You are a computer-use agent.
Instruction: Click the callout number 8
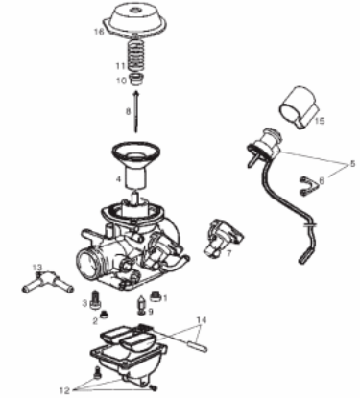click(x=127, y=112)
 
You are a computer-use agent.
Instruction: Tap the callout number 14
click(x=201, y=318)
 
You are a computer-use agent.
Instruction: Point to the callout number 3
click(x=84, y=304)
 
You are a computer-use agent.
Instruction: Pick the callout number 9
click(x=150, y=313)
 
